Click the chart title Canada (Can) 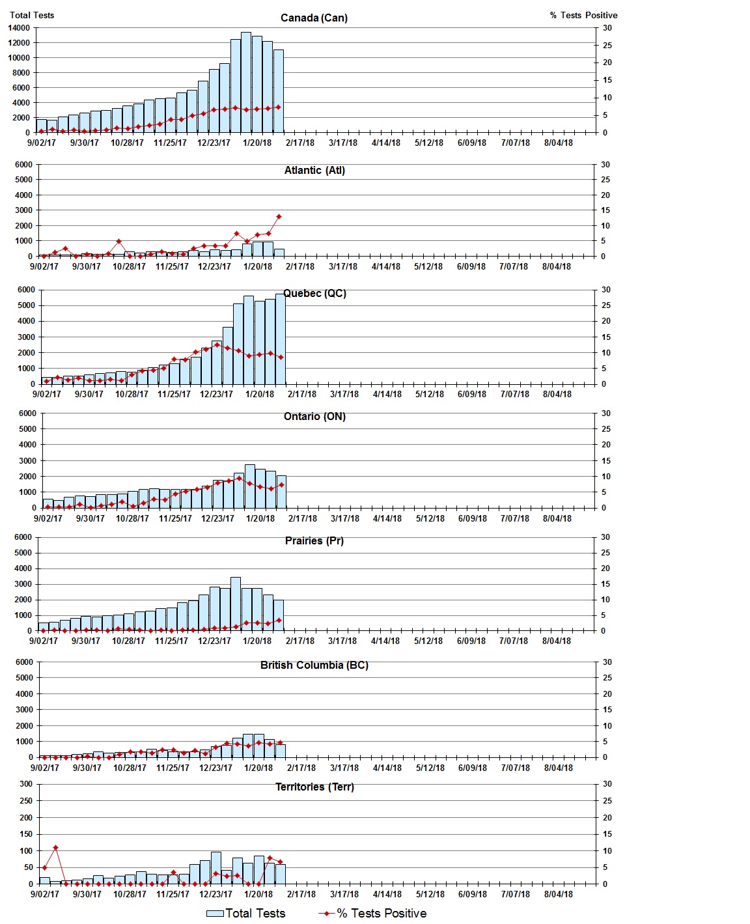tap(314, 18)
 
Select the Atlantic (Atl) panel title tap(314, 171)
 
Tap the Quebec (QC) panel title tap(314, 294)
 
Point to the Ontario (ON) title tap(314, 417)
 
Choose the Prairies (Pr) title tap(314, 541)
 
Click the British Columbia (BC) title tap(314, 665)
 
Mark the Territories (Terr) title tap(314, 787)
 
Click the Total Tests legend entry tap(246, 914)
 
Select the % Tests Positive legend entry tap(372, 914)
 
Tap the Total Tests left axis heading tap(32, 15)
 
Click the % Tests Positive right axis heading tap(583, 15)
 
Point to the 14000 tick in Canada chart tap(19, 28)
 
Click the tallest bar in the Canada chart tap(246, 82)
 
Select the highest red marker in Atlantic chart tap(279, 217)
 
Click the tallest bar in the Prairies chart tap(236, 604)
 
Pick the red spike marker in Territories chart tap(55, 848)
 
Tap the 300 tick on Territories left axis tap(25, 784)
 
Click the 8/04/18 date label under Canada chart tap(558, 143)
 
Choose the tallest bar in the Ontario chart tap(249, 486)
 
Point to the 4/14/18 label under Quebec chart tap(387, 395)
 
